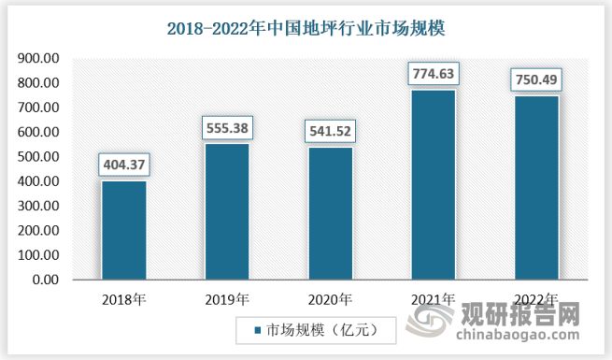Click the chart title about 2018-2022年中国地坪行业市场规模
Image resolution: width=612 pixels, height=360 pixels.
click(306, 28)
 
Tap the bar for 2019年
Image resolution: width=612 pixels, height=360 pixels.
click(227, 211)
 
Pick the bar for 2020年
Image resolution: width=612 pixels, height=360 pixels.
click(330, 213)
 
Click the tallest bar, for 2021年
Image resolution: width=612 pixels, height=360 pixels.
click(433, 184)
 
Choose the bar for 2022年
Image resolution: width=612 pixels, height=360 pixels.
click(535, 187)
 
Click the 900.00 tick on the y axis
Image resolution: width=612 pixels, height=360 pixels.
click(38, 59)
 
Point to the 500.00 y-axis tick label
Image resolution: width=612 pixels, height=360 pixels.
click(38, 157)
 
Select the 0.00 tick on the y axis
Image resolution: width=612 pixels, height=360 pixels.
click(44, 280)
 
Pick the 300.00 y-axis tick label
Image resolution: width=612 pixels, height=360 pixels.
click(38, 206)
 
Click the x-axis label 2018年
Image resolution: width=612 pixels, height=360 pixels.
click(123, 299)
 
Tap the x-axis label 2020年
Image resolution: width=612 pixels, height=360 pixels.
click(330, 299)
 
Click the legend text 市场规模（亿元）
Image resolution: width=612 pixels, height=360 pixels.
click(319, 330)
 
